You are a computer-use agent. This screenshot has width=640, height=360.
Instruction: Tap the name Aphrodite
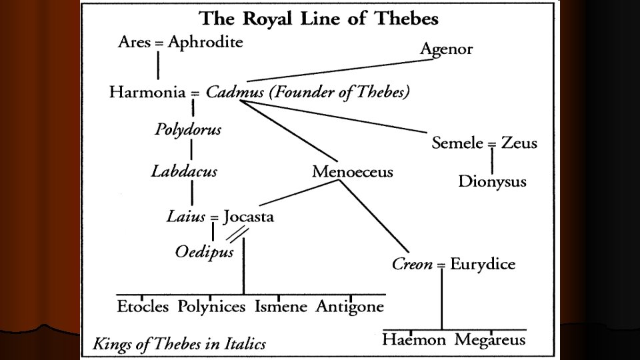point(205,43)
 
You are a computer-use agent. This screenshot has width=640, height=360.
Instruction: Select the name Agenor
point(446,49)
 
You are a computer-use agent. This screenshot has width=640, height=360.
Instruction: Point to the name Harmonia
point(147,93)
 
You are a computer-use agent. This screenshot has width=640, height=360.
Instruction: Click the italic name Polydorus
point(188,129)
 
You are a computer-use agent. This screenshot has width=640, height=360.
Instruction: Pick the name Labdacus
point(184,171)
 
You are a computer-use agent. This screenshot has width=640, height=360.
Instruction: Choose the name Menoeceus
point(353,172)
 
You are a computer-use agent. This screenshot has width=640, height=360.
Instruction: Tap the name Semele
point(457,143)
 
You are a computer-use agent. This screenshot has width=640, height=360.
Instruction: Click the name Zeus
point(521,143)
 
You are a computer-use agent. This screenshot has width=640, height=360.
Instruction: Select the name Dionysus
point(492,181)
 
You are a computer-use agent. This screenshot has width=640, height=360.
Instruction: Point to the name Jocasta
point(249,217)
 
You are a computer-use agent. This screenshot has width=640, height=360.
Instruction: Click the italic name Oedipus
point(205,253)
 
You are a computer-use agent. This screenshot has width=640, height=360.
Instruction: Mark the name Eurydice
point(483,265)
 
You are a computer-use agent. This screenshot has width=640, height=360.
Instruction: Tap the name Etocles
point(144,307)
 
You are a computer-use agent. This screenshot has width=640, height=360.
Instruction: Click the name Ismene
point(281,307)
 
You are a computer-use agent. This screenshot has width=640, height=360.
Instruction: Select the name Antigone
point(350,307)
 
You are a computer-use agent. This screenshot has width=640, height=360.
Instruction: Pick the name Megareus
point(490,340)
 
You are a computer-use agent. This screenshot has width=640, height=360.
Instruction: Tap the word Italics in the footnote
point(244,344)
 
